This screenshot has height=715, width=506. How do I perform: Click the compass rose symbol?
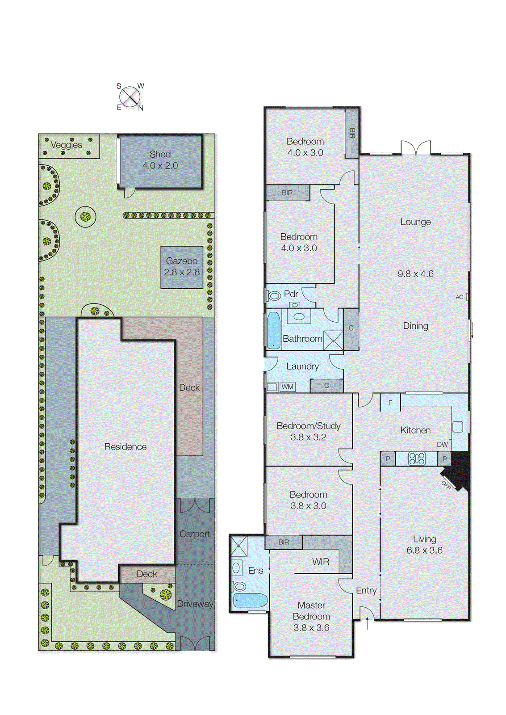tap(130, 97)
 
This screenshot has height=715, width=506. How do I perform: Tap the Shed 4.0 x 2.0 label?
tap(160, 160)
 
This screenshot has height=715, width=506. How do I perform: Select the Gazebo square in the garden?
tap(182, 267)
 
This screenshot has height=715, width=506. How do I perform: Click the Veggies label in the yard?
tap(66, 145)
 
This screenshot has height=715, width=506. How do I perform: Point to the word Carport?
tap(194, 534)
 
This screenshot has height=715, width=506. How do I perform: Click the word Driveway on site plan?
tap(195, 604)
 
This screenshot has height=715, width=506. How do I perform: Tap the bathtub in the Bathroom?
tap(273, 330)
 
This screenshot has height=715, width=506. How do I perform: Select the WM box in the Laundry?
tap(287, 387)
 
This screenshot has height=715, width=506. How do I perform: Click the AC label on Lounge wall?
tap(459, 297)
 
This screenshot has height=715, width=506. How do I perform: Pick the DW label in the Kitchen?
tap(442, 444)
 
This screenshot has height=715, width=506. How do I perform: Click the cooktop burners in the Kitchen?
tap(417, 458)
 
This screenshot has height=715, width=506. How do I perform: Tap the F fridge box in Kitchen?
tap(390, 403)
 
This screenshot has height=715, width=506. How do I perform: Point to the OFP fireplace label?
tap(446, 485)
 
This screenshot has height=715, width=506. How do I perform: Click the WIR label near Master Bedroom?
tap(320, 562)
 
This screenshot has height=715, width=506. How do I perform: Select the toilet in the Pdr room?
tap(274, 295)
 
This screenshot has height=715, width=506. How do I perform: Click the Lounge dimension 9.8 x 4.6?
tap(415, 274)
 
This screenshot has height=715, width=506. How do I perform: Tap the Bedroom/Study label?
tap(308, 426)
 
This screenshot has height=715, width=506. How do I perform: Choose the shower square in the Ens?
tap(239, 546)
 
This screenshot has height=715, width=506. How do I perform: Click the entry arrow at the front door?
tap(367, 623)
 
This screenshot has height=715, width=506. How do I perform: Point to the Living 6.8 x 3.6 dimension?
tap(424, 551)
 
